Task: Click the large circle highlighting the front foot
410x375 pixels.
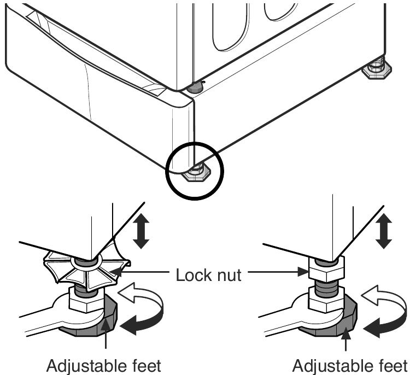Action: coord(195,143)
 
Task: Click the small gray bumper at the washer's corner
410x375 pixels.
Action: coord(195,87)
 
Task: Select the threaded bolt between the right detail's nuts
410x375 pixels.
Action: coord(326,285)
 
